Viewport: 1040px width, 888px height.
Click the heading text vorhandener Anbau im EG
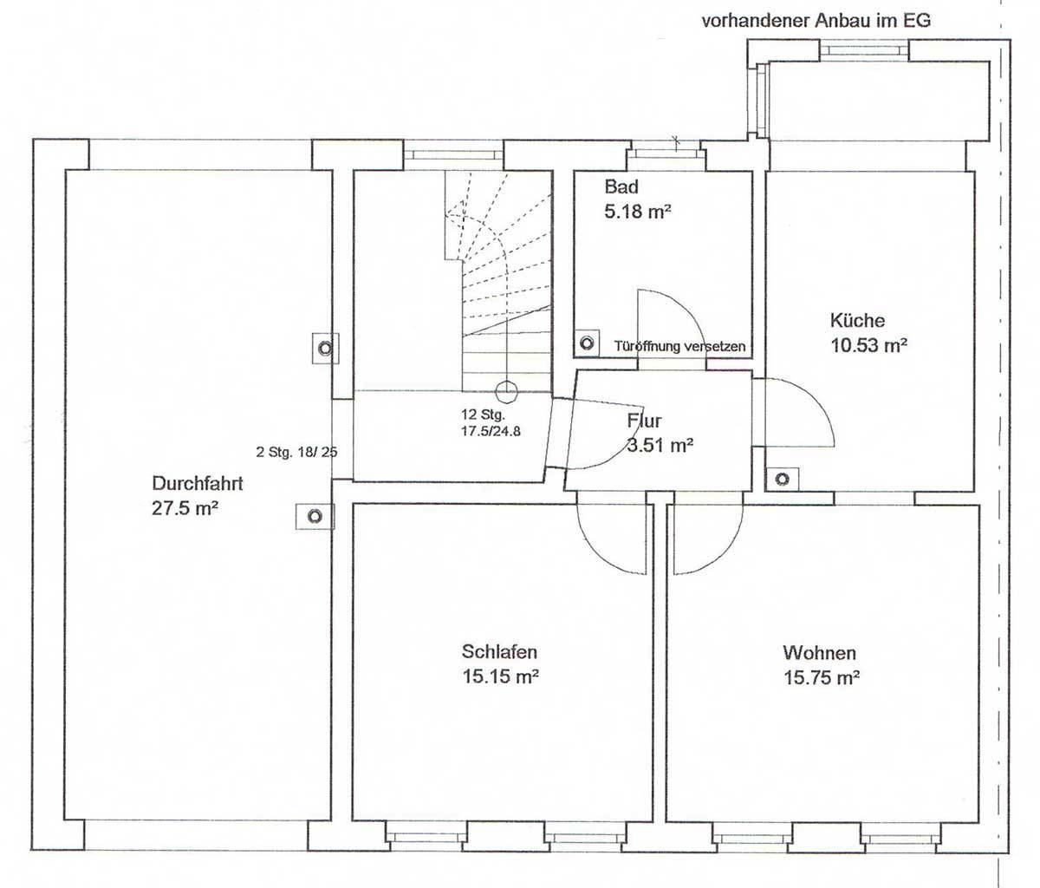pos(816,21)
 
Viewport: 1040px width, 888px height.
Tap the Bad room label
pos(621,186)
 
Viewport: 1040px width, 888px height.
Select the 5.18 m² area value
pos(638,212)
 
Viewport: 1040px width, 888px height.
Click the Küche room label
pos(857,320)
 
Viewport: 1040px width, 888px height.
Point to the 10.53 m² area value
pos(869,345)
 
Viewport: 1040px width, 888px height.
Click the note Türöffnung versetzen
pos(679,346)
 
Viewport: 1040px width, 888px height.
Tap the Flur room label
pos(645,421)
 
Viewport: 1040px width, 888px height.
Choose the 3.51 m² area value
pos(660,445)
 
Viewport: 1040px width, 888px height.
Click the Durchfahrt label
pos(198,483)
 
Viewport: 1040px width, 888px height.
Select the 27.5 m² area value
pos(185,508)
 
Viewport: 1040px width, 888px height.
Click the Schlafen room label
pos(499,652)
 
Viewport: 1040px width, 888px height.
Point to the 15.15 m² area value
pos(501,677)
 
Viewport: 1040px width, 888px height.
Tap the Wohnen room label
pos(820,653)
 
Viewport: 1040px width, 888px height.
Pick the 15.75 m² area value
pos(822,678)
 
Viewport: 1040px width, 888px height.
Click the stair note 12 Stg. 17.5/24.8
pos(491,423)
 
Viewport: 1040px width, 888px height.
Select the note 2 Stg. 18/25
pos(297,452)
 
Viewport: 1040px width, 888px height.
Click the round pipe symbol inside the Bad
pos(587,343)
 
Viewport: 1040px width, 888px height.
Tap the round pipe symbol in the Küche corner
pos(782,479)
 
